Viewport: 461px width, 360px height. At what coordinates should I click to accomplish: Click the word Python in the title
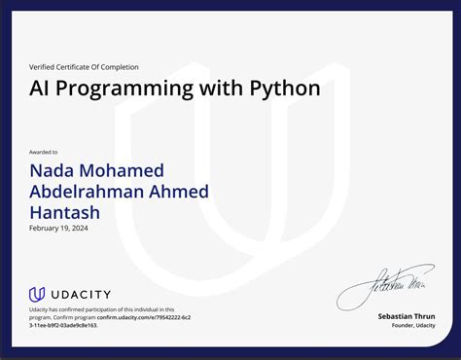(285, 89)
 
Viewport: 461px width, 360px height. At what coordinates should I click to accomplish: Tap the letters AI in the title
(41, 89)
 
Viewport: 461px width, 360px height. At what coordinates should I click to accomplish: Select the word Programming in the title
(128, 89)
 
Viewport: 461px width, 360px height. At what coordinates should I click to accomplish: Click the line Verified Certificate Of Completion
(84, 67)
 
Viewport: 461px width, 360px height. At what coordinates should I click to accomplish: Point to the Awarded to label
(43, 152)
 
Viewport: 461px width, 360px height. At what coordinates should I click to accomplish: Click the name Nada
(55, 171)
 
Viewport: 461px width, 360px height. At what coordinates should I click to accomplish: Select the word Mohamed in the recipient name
(126, 171)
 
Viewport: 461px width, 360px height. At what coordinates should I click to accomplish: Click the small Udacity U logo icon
(37, 294)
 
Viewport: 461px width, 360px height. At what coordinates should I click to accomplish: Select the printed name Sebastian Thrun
(407, 316)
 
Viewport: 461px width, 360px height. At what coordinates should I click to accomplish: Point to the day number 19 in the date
(66, 227)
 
